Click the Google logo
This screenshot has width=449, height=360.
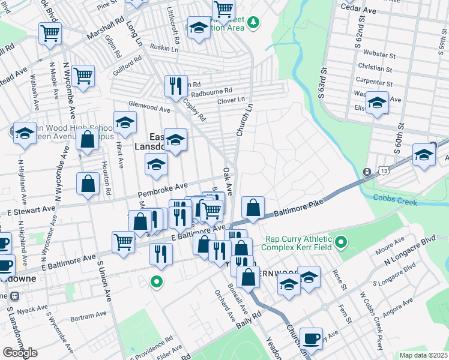click(20, 353)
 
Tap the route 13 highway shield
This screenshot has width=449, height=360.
click(366, 173)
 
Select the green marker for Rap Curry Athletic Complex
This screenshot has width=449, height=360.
click(341, 242)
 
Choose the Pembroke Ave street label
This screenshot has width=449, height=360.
click(163, 191)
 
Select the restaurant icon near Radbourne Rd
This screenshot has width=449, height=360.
click(176, 86)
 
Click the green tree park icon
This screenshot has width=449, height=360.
click(254, 22)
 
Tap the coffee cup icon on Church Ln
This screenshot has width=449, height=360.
click(312, 338)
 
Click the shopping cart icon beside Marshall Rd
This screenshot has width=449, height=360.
click(49, 33)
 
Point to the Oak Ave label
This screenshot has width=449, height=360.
click(228, 178)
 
